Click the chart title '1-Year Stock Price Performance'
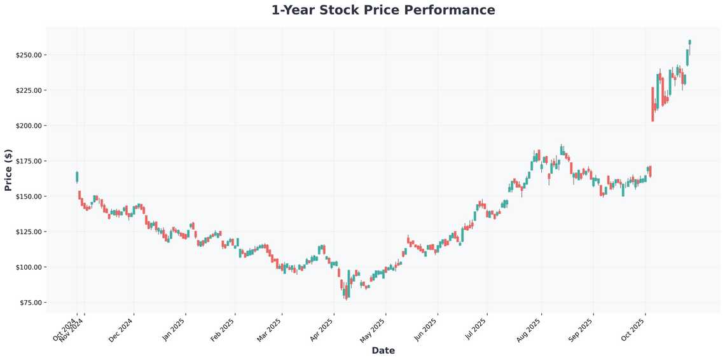[x=383, y=10]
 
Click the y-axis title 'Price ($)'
[x=8, y=170]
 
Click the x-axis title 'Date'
[x=383, y=350]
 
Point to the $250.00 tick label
[x=29, y=55]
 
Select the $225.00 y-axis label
[x=29, y=90]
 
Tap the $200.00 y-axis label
[x=29, y=126]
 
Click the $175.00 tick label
[x=29, y=161]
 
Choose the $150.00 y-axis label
[x=29, y=197]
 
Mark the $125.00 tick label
[x=29, y=232]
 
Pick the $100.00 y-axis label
[x=29, y=267]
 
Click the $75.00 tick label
[x=30, y=302]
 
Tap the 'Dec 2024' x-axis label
[x=122, y=330]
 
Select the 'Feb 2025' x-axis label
[x=223, y=330]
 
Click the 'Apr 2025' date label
[x=322, y=330]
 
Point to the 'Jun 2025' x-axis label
[x=425, y=330]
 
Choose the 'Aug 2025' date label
[x=530, y=330]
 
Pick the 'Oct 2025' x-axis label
[x=634, y=330]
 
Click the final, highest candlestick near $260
[x=689, y=41]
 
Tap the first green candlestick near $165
[x=77, y=176]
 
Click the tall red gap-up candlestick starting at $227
[x=652, y=104]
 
